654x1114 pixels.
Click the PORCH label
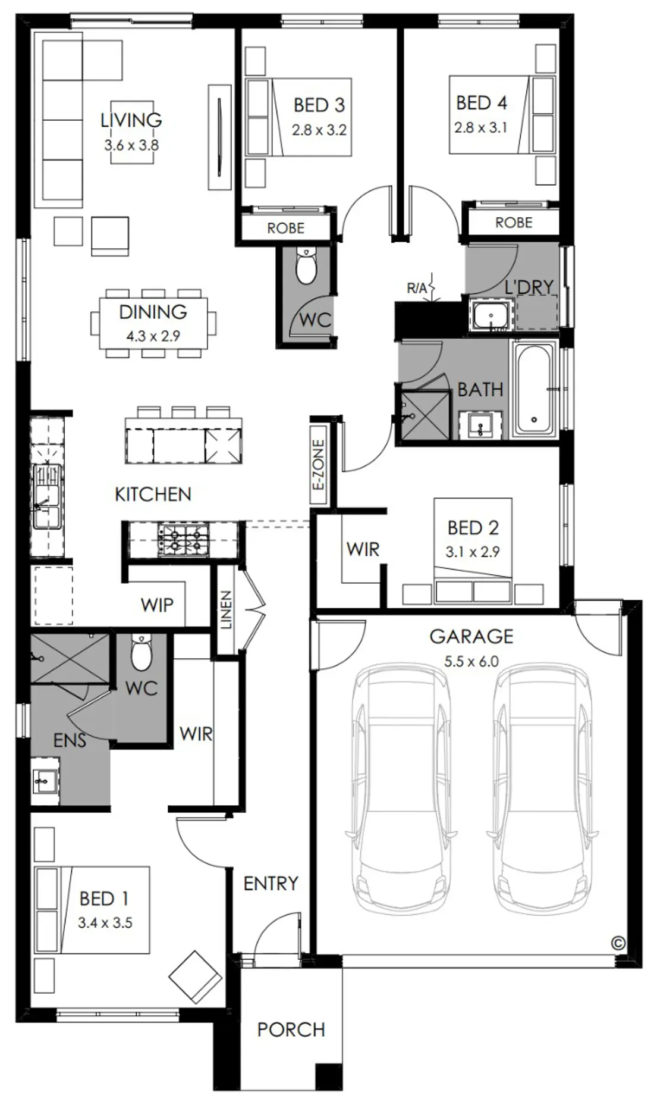coord(291,1029)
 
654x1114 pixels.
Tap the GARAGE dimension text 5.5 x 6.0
coord(471,661)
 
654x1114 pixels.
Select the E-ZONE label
coord(319,464)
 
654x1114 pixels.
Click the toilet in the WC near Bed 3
coord(307,267)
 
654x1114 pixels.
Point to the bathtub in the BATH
coord(534,389)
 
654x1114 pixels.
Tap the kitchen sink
coord(47,496)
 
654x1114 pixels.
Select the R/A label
coord(417,289)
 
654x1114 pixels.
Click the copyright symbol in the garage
coord(618,943)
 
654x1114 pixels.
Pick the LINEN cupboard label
coord(227,609)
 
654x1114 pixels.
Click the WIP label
coord(157,605)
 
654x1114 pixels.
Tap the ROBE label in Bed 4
coord(514,223)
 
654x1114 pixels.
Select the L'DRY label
coord(529,287)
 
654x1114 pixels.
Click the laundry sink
coord(490,315)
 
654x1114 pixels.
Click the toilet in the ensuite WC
coord(142,652)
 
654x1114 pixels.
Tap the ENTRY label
coord(271,883)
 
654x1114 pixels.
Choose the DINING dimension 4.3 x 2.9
coord(153,336)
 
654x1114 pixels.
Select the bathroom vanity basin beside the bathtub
coord(480,425)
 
